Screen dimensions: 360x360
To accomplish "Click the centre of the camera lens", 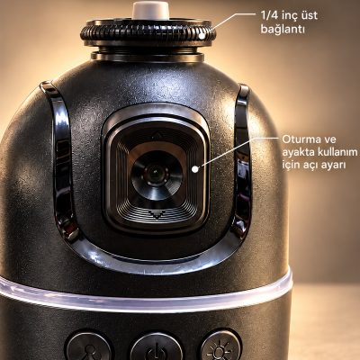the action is click(x=156, y=174).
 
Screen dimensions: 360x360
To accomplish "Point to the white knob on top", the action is click(x=151, y=10).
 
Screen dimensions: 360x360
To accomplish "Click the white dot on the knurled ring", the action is click(x=202, y=36).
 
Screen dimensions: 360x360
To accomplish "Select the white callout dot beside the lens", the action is click(x=195, y=169).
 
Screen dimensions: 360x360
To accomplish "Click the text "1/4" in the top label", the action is click(x=268, y=15).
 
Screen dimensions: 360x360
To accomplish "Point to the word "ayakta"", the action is click(x=298, y=153).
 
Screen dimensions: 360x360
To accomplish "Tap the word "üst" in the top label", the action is click(x=308, y=15).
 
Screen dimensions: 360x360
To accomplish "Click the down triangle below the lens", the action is click(x=156, y=215).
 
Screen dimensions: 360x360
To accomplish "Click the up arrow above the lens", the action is click(x=156, y=135).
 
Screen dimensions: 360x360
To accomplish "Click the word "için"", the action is click(x=292, y=166).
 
